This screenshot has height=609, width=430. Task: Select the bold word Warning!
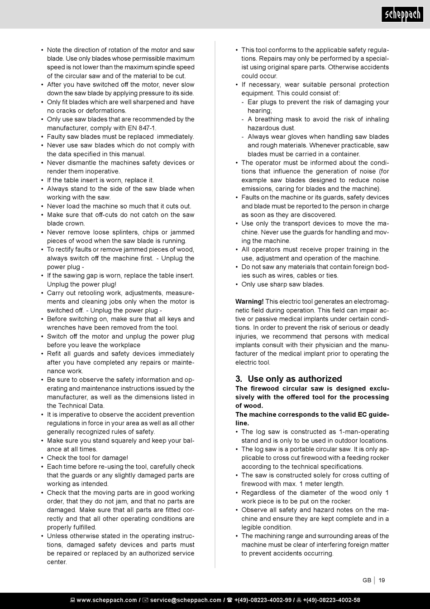[249, 302]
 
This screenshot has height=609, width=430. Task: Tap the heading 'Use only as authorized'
[295, 379]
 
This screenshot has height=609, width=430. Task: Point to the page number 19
[382, 580]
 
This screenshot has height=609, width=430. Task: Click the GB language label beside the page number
[367, 580]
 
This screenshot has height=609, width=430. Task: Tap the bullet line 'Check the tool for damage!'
[87, 458]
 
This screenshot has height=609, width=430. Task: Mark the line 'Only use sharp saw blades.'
[282, 284]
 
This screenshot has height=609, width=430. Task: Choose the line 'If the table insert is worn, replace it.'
[100, 180]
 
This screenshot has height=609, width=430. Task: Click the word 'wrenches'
[61, 327]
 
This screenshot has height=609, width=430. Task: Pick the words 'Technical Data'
[82, 406]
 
